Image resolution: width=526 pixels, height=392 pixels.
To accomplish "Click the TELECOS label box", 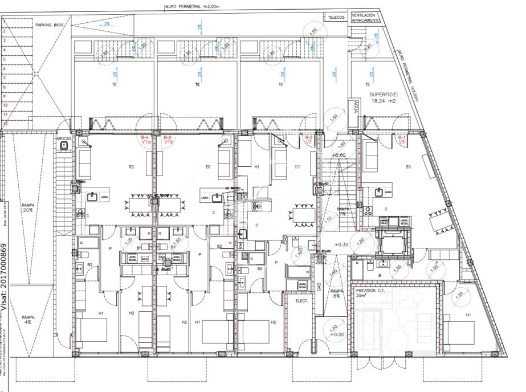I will tap(336, 17).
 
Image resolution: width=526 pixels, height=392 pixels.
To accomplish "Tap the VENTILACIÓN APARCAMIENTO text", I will tap(365, 18).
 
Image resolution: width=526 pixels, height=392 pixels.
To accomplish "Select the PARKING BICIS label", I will tap(49, 26).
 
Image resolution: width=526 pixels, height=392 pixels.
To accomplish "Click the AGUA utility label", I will tap(356, 107).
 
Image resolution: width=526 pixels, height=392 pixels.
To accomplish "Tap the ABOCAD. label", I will tap(63, 138).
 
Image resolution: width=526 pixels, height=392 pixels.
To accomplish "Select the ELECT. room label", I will tap(301, 300).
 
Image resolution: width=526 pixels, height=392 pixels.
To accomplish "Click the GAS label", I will tap(319, 288).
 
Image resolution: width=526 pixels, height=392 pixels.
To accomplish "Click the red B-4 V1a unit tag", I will tap(145, 140).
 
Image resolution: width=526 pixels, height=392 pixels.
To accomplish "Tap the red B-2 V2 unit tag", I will tap(309, 140).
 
